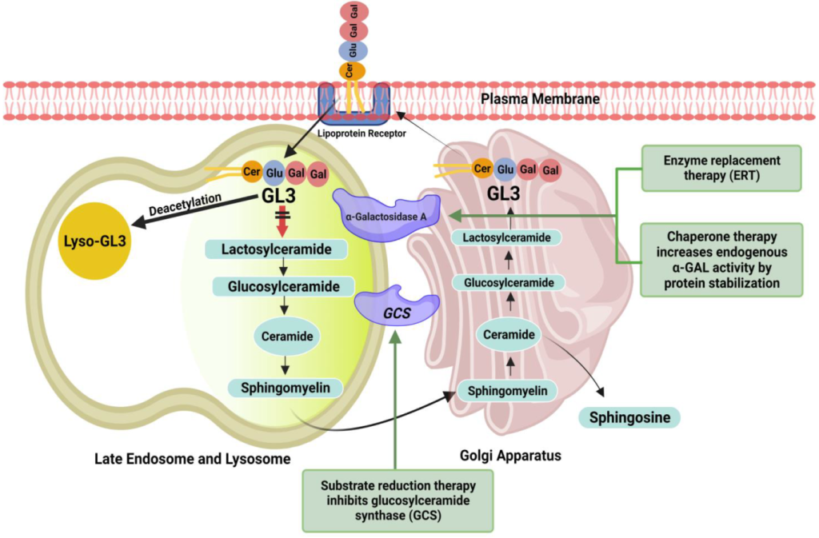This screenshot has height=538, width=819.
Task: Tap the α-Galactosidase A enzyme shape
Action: pyautogui.click(x=386, y=214)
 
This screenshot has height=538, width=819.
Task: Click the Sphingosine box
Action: pyautogui.click(x=628, y=416)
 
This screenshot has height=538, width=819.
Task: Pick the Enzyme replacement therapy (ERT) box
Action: pyautogui.click(x=721, y=168)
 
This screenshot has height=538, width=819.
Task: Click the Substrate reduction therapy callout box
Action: pyautogui.click(x=397, y=500)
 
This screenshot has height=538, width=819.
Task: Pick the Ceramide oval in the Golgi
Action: pyautogui.click(x=509, y=334)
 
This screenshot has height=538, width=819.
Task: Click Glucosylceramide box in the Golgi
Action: pyautogui.click(x=509, y=281)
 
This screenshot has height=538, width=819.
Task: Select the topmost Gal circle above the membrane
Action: pyautogui.click(x=350, y=11)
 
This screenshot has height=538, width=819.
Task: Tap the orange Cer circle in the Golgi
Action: pyautogui.click(x=482, y=168)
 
